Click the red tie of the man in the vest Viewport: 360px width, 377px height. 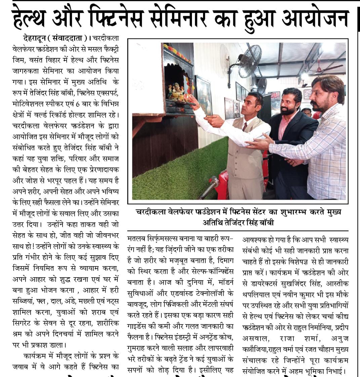245,127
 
